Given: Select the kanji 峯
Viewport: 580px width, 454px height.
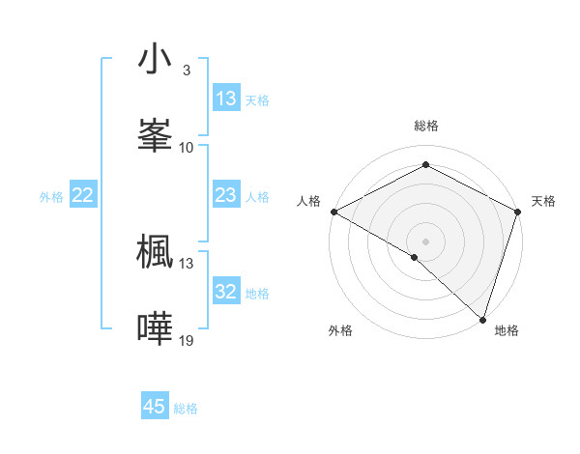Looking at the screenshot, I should (x=155, y=131).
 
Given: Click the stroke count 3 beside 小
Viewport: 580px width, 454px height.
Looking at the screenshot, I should (x=186, y=71).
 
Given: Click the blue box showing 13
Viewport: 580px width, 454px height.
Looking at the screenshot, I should (x=226, y=99).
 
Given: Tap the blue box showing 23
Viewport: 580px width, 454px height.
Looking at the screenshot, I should (x=226, y=195).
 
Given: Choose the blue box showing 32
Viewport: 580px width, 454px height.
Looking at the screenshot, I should (x=226, y=292).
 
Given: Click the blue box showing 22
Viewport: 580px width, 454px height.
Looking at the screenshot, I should (x=83, y=195).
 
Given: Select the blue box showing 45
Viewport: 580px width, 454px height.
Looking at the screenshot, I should (x=155, y=407).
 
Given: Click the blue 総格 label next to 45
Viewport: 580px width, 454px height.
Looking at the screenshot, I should (x=186, y=409).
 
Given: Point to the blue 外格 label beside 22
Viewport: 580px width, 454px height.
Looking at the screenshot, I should (x=51, y=197).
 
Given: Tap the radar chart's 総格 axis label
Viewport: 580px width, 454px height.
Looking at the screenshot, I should (x=426, y=126).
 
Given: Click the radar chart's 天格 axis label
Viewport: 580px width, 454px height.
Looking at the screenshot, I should (x=543, y=201).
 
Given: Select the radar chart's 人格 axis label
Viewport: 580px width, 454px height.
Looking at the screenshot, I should (x=308, y=201).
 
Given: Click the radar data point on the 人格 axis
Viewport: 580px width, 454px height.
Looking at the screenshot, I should (x=333, y=211).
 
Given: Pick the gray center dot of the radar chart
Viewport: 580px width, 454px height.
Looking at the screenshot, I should (x=426, y=241).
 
